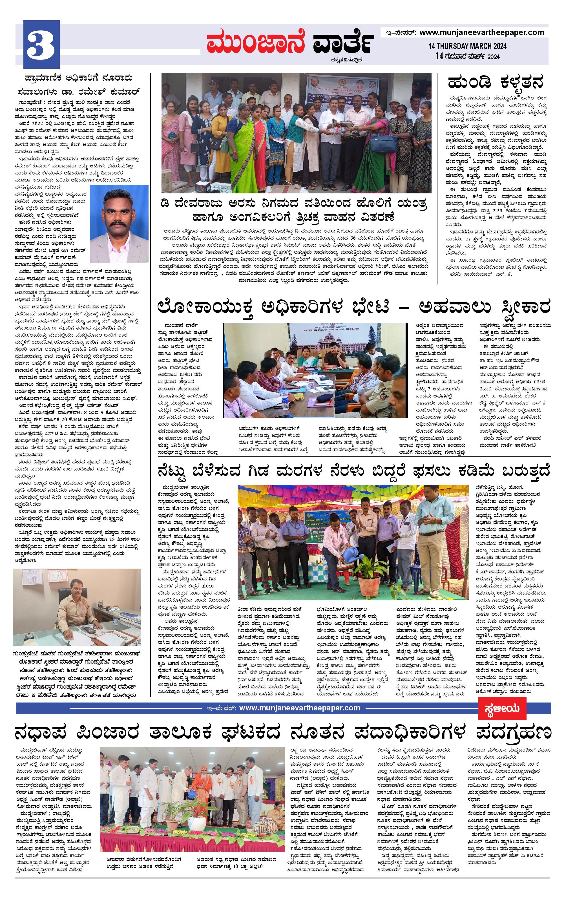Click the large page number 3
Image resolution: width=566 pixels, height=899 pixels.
41,45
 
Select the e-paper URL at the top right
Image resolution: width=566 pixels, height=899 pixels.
482,32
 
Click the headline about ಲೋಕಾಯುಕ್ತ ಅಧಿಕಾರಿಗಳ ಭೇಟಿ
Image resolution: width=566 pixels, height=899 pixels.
353,308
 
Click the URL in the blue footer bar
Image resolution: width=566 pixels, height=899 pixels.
299,708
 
